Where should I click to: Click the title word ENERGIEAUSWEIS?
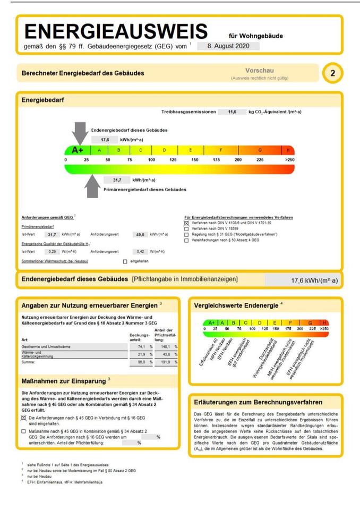coord(116,31)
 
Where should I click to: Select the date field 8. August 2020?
coord(228,46)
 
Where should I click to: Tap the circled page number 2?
coord(332,73)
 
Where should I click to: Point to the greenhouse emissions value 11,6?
coord(232,112)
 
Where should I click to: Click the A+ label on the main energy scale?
coord(78,150)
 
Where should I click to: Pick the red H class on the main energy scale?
coord(289,150)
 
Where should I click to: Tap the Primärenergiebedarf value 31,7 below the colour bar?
coord(117,180)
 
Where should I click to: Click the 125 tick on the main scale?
coord(173,159)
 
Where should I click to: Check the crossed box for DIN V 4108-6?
coord(186,223)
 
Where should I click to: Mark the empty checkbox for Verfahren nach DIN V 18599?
coord(186,229)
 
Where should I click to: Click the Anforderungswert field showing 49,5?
coord(141,234)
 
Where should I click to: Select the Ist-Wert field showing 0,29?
coord(52,251)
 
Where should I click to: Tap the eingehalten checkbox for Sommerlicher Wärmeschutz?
coord(125,261)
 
